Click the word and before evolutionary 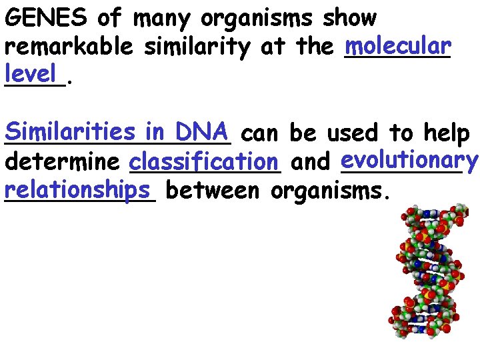311,162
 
